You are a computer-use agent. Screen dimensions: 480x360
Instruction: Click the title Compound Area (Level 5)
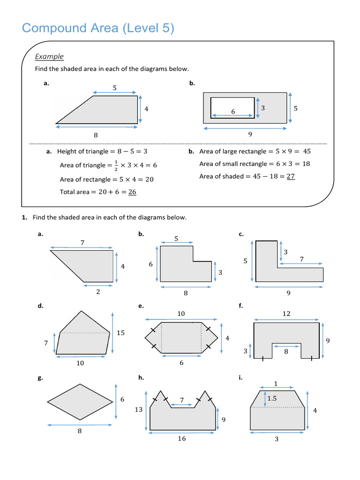tap(98, 29)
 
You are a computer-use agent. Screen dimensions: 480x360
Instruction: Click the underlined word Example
tap(49, 57)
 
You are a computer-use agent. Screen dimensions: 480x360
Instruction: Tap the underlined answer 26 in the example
tap(132, 192)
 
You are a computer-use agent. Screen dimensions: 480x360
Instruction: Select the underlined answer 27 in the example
tap(291, 177)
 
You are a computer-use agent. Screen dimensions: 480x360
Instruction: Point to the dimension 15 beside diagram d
tap(120, 333)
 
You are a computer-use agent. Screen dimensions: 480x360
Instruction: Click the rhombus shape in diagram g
tap(80, 402)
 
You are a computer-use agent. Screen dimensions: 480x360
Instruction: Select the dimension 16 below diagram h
tap(182, 439)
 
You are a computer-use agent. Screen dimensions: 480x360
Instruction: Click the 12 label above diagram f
tap(286, 314)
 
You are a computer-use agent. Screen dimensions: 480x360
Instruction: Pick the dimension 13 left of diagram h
tap(139, 410)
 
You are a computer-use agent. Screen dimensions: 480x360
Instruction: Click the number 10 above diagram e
tap(181, 314)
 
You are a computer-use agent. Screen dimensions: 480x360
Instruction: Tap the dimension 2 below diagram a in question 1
tap(98, 292)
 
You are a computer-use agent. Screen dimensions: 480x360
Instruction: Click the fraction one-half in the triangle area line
tap(109, 165)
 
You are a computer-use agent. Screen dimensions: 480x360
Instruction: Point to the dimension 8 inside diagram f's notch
tap(285, 351)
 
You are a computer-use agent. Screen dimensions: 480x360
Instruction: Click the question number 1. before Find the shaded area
tap(24, 217)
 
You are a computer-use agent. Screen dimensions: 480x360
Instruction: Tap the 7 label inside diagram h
tap(182, 400)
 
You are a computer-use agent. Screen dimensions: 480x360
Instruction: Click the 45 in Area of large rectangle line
tap(307, 151)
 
